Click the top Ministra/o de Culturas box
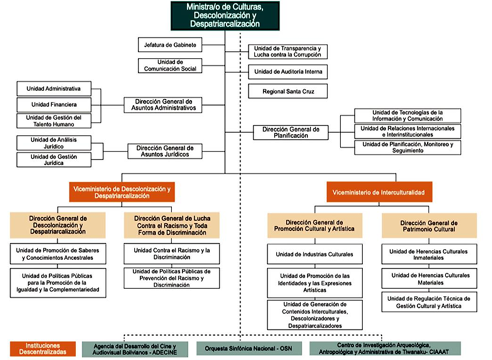(226, 15)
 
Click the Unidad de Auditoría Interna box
(287, 72)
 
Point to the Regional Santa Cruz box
(287, 92)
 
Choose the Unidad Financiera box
(54, 104)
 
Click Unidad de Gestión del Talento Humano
(54, 121)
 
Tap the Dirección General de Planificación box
(291, 132)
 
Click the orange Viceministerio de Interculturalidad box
(379, 191)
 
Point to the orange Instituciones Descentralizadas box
(43, 349)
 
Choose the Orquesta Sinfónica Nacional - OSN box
(249, 349)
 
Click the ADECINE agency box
(134, 349)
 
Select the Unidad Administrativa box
(54, 89)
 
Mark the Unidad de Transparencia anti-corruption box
(287, 52)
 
